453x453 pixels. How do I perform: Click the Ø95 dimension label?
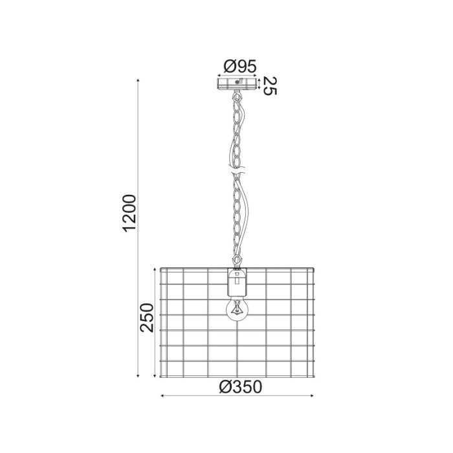(239, 66)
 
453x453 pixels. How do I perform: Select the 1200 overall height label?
(129, 213)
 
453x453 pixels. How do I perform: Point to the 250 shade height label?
(148, 317)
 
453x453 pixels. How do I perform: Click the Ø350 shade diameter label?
(239, 387)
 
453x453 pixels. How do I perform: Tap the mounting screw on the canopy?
(238, 82)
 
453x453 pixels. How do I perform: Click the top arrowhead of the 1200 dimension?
(139, 80)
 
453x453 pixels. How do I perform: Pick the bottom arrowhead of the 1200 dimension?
(139, 377)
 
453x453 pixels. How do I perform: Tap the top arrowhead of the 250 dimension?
(155, 268)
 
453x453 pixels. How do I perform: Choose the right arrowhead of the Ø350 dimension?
(316, 396)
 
